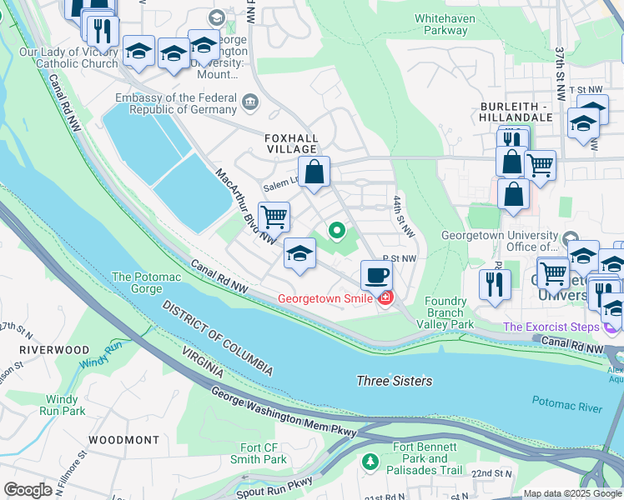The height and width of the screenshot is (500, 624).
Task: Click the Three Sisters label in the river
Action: point(395,381)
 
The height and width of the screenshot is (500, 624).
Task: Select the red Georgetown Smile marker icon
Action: point(385,298)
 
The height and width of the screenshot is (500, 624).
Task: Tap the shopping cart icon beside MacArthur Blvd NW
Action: point(274,217)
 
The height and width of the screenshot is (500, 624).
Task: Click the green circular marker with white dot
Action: point(337,230)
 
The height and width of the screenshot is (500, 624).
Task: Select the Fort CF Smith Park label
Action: point(263,453)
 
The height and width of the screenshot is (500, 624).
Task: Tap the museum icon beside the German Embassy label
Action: point(249,103)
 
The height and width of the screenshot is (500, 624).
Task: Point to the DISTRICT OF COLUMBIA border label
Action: point(217,337)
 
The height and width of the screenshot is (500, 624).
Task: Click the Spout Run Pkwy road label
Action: point(276,483)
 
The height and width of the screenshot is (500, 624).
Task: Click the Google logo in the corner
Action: point(28,490)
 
